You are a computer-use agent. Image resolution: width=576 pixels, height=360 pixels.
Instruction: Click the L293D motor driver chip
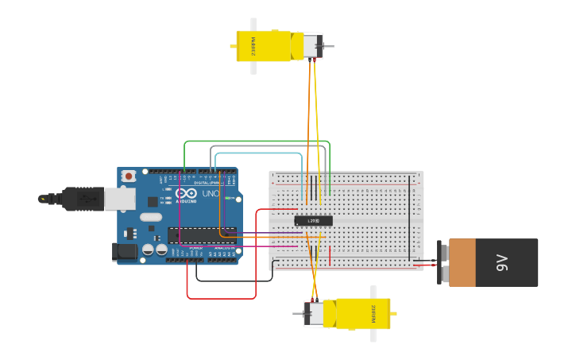(x=313, y=220)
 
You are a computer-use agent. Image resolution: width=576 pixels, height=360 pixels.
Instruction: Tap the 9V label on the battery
(x=502, y=262)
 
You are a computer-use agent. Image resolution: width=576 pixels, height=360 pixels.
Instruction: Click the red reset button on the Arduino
(x=127, y=176)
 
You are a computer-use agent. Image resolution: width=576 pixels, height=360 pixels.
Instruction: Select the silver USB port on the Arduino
(x=119, y=199)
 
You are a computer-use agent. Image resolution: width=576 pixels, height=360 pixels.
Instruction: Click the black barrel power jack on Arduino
(x=124, y=252)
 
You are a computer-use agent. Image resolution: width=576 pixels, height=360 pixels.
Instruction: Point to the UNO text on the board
(x=211, y=193)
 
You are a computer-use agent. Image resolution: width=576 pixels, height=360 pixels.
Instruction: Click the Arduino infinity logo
(x=187, y=193)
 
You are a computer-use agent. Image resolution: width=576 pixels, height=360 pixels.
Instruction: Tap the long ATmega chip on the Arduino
(x=202, y=234)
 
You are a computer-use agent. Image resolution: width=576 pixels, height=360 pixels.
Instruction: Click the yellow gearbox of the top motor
(x=264, y=46)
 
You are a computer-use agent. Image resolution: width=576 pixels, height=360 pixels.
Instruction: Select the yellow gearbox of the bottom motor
(x=363, y=314)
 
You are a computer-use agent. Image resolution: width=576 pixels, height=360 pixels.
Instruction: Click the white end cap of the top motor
(x=311, y=45)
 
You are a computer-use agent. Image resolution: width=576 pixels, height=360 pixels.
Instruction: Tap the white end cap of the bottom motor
(x=315, y=314)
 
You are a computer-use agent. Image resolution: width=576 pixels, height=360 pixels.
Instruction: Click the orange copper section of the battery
(x=462, y=262)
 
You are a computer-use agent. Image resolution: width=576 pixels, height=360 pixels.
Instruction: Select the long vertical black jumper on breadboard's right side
(x=411, y=219)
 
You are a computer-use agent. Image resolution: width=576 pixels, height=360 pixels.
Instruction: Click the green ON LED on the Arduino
(x=228, y=198)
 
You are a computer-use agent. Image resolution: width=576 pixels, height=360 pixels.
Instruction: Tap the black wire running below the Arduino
(x=234, y=281)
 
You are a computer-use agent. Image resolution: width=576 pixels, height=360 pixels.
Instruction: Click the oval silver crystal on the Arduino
(x=151, y=216)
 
